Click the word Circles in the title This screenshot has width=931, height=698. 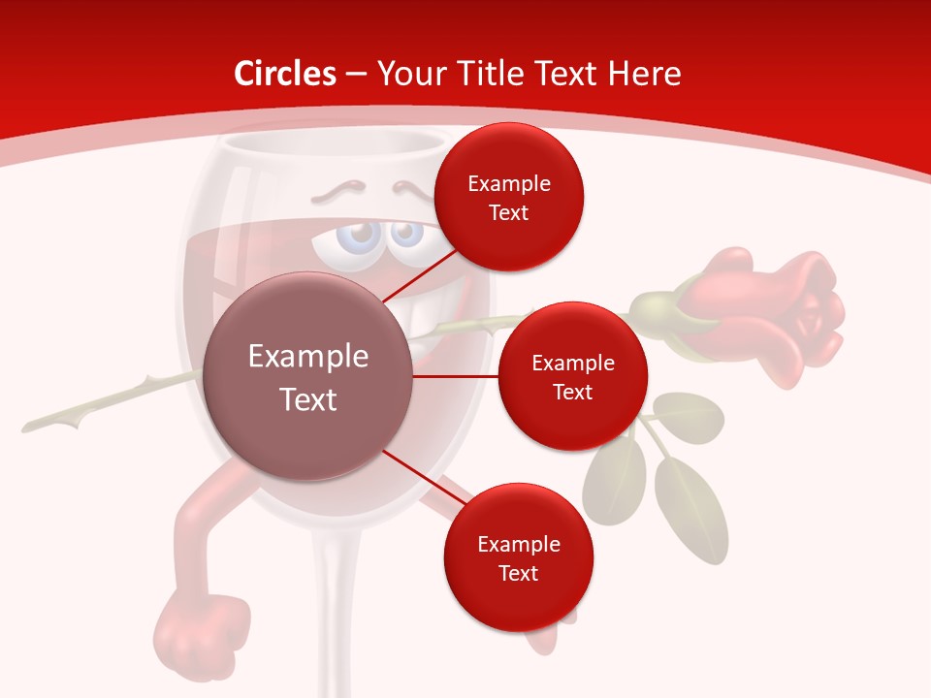[x=284, y=74]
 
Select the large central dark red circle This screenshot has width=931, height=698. [x=308, y=377]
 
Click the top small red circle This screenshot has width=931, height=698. [x=508, y=197]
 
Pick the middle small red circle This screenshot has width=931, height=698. [x=572, y=376]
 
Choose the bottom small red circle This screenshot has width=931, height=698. [x=518, y=557]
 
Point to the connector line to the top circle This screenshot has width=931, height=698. [x=420, y=275]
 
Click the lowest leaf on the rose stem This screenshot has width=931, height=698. [x=690, y=509]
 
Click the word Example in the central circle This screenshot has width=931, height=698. [x=308, y=356]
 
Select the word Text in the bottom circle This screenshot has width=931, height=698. [x=518, y=573]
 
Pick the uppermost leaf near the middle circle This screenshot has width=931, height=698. [x=689, y=415]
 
